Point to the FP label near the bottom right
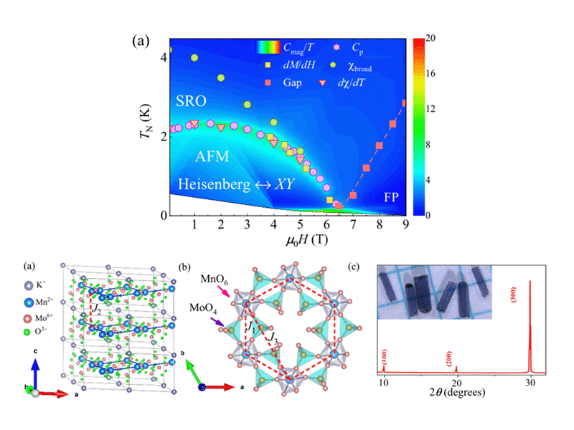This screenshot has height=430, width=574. click(x=391, y=196)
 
